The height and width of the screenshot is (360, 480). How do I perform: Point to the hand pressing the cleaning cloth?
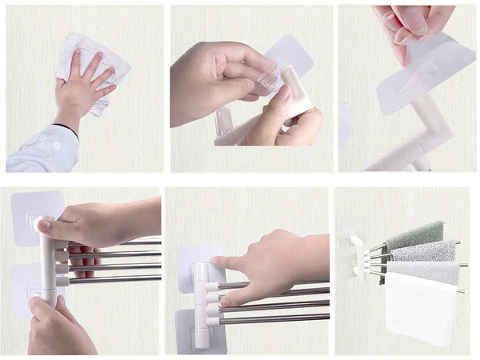(x=82, y=88)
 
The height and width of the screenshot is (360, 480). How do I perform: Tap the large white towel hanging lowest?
(x=420, y=308)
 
